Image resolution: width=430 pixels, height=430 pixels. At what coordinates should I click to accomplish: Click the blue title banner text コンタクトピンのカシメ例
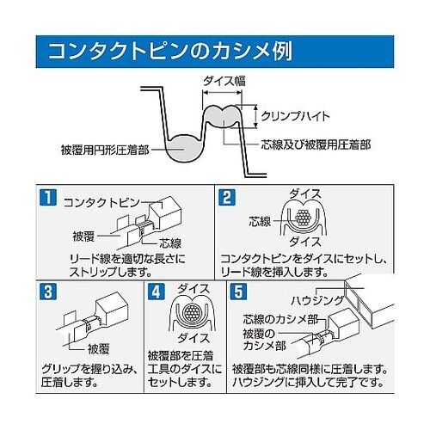[x=170, y=52]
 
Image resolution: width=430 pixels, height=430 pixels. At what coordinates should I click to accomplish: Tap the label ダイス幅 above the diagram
[x=224, y=81]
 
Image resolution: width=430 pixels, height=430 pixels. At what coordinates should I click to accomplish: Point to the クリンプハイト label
[x=296, y=116]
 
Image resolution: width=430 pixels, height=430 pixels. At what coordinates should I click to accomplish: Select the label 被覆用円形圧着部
[x=105, y=150]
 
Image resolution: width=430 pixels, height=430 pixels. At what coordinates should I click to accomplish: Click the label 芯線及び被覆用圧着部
[x=316, y=144]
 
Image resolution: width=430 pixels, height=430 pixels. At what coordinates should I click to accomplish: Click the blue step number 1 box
[x=47, y=197]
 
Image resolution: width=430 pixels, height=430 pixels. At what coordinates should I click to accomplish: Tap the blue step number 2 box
[x=227, y=197]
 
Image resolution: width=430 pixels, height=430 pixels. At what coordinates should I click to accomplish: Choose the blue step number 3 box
[x=47, y=292]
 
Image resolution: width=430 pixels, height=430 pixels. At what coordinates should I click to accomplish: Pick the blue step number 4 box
[x=157, y=292]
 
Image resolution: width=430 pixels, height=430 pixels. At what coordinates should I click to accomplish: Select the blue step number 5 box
[x=239, y=292]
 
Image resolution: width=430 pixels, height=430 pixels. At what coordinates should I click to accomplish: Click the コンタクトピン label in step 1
[x=101, y=203]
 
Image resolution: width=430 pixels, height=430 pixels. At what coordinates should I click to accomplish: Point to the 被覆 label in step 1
[x=83, y=236]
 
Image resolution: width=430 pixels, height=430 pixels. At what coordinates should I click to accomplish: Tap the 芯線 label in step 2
[x=260, y=221]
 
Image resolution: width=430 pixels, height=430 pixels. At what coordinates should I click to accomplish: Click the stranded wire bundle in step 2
[x=304, y=218]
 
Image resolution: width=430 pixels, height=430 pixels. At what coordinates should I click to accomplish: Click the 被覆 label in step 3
[x=98, y=349]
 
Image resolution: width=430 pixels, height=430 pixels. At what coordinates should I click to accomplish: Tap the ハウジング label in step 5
[x=317, y=300]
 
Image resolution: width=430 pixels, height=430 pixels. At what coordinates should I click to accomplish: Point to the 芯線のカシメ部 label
[x=280, y=319]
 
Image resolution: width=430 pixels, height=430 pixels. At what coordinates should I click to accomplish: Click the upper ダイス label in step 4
[x=193, y=289]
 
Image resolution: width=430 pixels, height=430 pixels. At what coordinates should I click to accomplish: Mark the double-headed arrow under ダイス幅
[x=222, y=92]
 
